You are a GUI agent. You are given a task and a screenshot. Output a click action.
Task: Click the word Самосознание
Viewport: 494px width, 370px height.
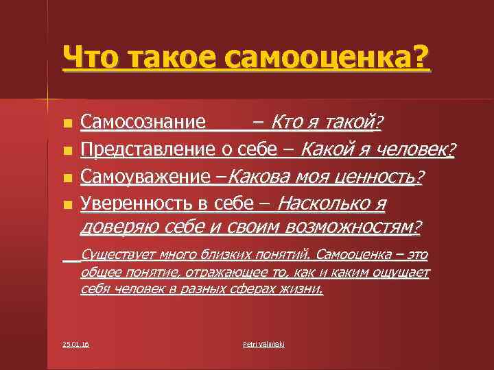(143, 123)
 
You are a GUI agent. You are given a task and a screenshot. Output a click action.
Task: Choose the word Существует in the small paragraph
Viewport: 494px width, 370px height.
(118, 256)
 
